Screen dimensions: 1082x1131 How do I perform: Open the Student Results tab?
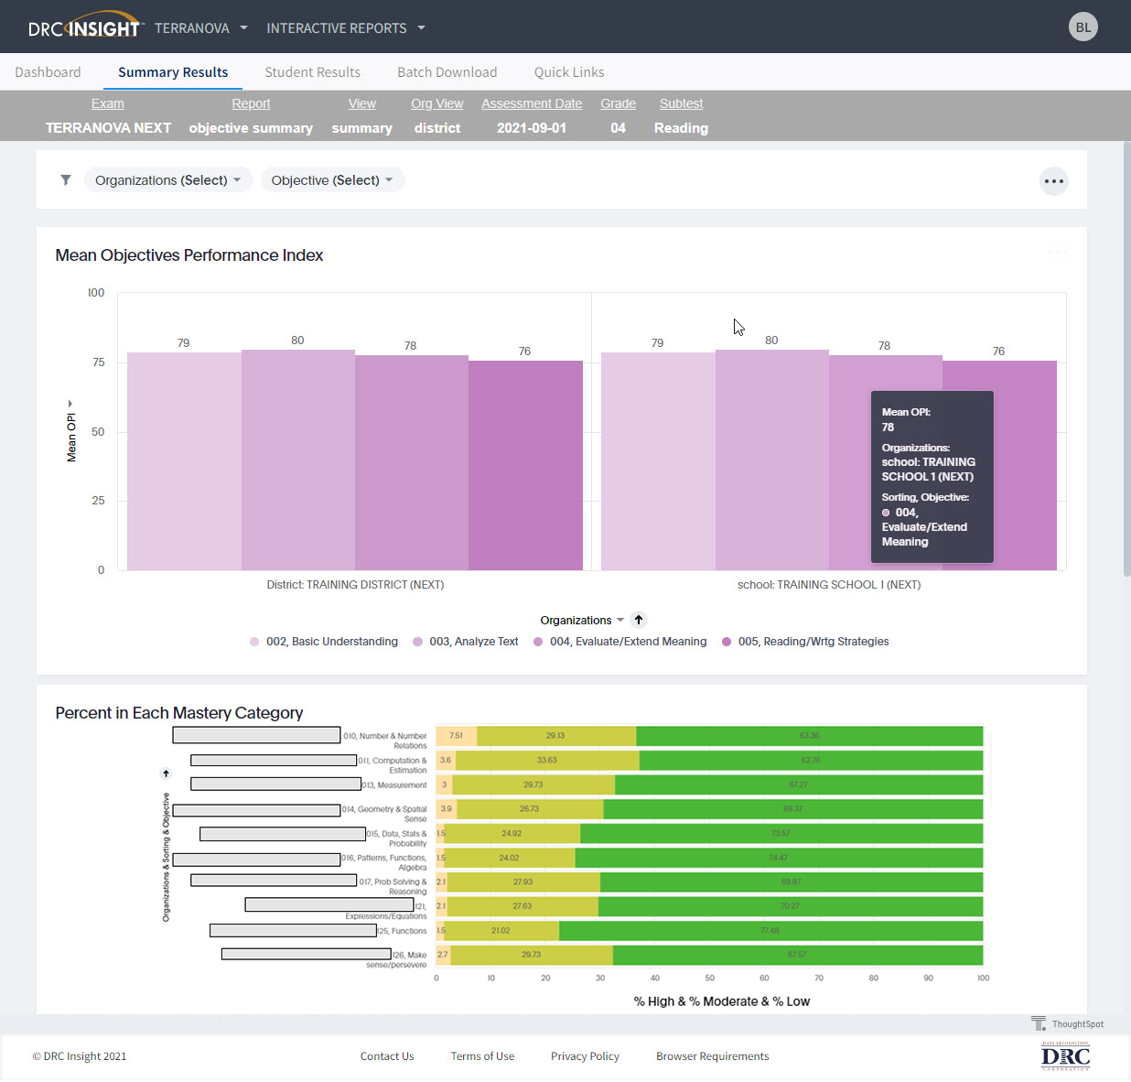tap(312, 72)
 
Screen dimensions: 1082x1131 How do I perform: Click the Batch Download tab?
tap(447, 72)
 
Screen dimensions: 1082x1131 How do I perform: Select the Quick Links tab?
tap(568, 72)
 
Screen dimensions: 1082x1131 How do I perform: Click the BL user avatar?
tap(1083, 27)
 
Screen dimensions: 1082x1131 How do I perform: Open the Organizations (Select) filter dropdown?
tap(167, 180)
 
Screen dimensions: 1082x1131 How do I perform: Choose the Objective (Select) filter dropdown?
tap(331, 180)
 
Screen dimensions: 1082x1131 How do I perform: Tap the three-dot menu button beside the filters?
tap(1054, 181)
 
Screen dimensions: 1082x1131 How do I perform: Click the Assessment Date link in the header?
tap(532, 103)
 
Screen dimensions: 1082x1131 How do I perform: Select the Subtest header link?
tap(681, 103)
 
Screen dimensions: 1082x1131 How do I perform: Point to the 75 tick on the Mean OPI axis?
tap(98, 362)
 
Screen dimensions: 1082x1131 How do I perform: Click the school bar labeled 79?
tap(657, 461)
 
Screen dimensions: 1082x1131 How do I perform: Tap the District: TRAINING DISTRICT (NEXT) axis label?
tap(355, 585)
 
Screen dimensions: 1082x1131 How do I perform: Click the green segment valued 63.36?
tap(809, 736)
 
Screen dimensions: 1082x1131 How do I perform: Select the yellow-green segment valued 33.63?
tap(546, 761)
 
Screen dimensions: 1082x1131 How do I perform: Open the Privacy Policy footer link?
tap(585, 1056)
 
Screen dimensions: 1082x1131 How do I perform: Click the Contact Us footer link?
tap(387, 1056)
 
